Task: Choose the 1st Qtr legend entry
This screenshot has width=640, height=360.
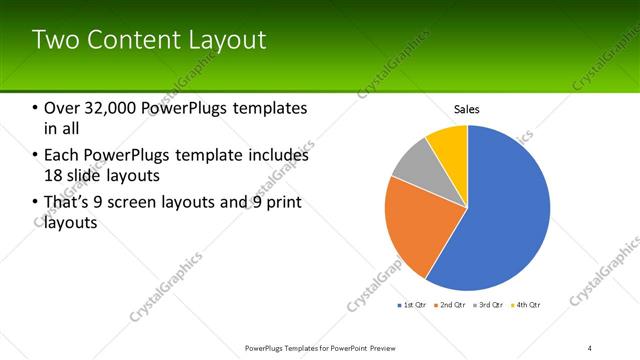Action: coord(413,304)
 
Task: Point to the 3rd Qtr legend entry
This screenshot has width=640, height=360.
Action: coord(488,304)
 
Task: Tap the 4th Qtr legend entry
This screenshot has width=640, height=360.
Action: coord(525,304)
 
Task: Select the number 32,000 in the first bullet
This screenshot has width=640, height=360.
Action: coord(113,108)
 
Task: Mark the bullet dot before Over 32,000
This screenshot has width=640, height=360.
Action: coord(36,108)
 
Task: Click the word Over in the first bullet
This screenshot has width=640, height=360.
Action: coord(62,108)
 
